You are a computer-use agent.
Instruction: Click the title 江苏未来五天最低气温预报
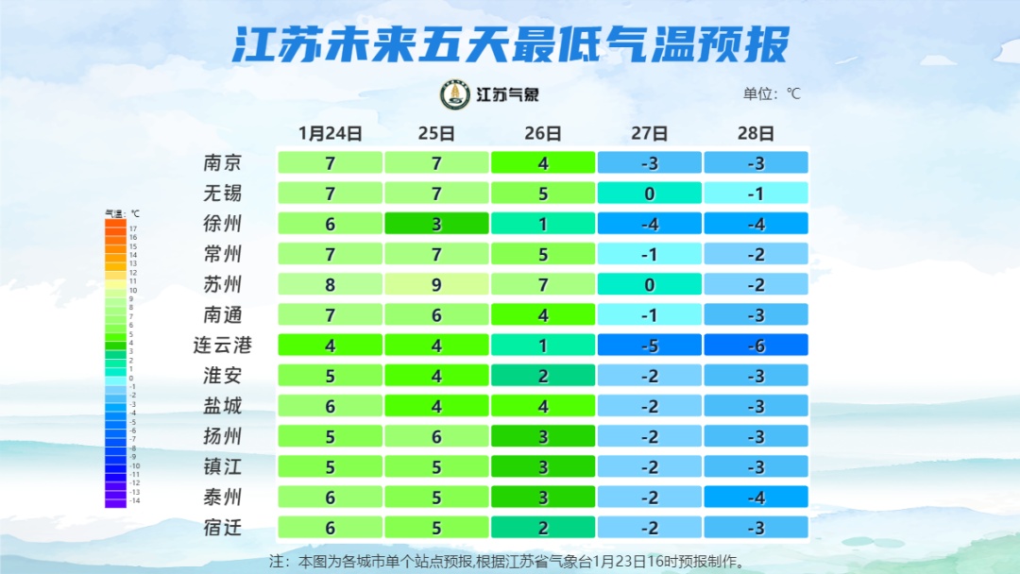point(510,45)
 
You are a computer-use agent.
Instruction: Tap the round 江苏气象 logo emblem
point(456,94)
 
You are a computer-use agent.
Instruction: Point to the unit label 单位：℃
point(772,94)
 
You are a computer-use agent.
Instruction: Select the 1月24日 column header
point(330,133)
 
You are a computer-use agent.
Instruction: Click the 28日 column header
point(756,133)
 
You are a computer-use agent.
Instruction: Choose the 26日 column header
point(543,133)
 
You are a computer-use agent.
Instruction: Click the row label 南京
point(223,162)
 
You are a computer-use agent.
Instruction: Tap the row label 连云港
point(223,345)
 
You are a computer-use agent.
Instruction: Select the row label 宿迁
point(223,527)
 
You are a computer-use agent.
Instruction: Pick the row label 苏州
point(223,284)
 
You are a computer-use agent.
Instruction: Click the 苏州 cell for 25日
point(436,284)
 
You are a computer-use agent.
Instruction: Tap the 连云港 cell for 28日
point(756,345)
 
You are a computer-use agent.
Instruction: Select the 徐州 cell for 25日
point(436,224)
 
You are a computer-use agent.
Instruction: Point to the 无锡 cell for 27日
point(650,194)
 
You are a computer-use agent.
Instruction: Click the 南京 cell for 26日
point(543,162)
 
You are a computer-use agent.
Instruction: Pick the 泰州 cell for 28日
point(756,497)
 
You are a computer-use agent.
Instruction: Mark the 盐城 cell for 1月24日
point(330,406)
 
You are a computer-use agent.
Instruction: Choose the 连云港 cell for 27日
point(650,345)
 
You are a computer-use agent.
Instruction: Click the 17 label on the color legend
point(133,228)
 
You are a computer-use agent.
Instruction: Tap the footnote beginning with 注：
point(510,561)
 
